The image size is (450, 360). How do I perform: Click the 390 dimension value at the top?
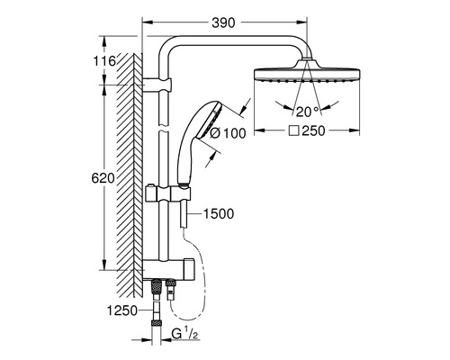[223, 22]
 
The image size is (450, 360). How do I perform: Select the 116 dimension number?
[104, 61]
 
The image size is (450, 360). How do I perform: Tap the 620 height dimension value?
[103, 178]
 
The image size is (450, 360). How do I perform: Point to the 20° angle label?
[308, 112]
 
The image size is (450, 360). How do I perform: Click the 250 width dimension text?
[313, 130]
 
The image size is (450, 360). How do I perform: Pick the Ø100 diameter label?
[228, 133]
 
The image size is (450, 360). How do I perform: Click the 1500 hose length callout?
[219, 214]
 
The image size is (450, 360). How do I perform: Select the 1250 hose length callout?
[122, 310]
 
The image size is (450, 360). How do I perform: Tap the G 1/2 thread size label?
[185, 334]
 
